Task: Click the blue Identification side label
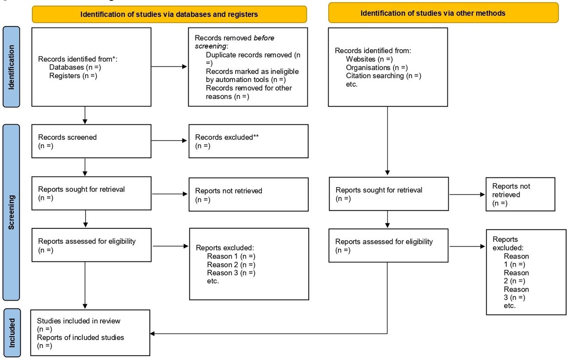[12, 67]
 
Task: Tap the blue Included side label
[12, 333]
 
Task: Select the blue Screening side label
[12, 212]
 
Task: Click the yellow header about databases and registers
[169, 14]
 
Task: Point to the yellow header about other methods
[443, 13]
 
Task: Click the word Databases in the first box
[66, 67]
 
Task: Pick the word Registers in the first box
[65, 76]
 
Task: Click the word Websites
[361, 59]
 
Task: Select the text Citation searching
[375, 76]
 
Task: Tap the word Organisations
[368, 68]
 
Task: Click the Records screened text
[67, 137]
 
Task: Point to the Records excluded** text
[227, 137]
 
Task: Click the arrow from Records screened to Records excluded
[169, 141]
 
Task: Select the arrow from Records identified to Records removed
[169, 67]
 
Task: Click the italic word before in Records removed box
[264, 38]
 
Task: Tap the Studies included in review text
[78, 321]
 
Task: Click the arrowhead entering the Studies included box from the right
[152, 334]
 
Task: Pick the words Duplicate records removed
[249, 55]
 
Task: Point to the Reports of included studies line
[81, 338]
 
